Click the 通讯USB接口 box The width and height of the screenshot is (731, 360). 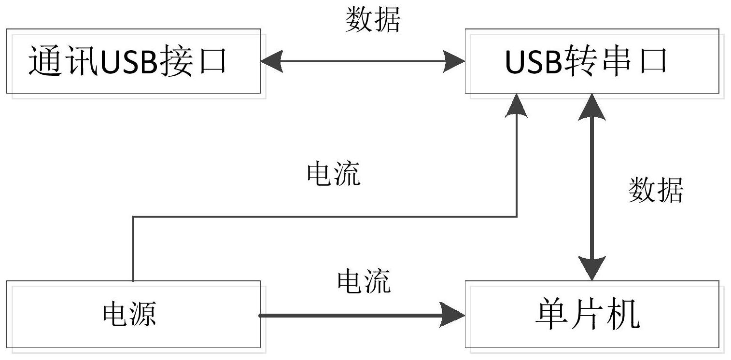tap(134, 61)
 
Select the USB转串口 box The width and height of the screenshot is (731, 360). tap(592, 61)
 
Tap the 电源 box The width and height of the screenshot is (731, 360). tap(134, 315)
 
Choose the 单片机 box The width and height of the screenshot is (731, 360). tap(592, 315)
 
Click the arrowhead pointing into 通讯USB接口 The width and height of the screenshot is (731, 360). tap(271, 61)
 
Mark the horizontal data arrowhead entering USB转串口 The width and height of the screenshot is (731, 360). tap(454, 61)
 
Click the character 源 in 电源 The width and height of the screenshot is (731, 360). tap(143, 315)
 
